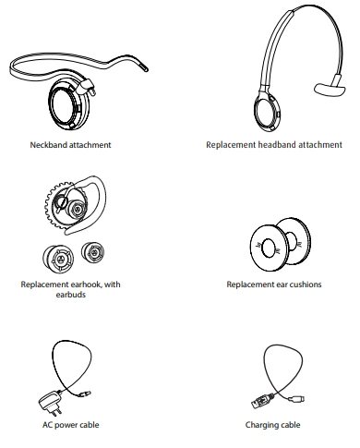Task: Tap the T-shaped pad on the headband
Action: tap(326, 90)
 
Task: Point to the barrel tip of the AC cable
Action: tap(88, 394)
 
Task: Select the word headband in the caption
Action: tap(275, 145)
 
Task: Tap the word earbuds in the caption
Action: tap(71, 296)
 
